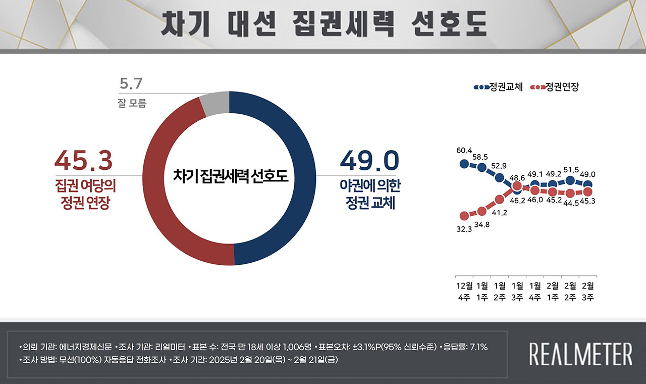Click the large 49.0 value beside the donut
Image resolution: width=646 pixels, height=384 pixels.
(x=369, y=161)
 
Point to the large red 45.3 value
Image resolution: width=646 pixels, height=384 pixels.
(x=83, y=161)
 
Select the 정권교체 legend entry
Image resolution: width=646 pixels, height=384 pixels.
(x=498, y=87)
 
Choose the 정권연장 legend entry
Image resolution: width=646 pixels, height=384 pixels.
(x=555, y=87)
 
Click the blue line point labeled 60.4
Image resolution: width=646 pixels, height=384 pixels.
(x=464, y=163)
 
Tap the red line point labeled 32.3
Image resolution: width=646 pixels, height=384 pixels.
(x=464, y=216)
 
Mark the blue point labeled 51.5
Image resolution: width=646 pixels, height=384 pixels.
(x=570, y=180)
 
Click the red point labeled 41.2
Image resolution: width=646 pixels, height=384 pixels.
(x=500, y=199)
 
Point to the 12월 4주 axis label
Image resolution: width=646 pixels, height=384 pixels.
(x=464, y=292)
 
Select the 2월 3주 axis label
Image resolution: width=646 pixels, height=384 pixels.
(x=587, y=292)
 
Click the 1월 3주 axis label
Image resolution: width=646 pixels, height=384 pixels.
(x=517, y=292)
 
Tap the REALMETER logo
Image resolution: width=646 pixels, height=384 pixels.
(x=580, y=353)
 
